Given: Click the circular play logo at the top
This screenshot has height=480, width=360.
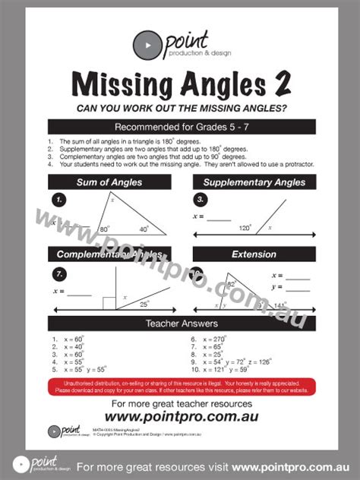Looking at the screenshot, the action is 145,46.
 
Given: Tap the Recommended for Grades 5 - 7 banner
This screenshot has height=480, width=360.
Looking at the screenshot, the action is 181,127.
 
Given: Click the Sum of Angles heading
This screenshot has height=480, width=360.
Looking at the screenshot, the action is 109,182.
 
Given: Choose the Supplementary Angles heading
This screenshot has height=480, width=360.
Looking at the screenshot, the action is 254,182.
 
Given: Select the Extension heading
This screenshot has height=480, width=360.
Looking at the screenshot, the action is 254,254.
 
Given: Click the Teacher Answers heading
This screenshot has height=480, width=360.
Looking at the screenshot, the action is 181,324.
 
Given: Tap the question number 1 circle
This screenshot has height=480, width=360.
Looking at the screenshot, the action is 60,200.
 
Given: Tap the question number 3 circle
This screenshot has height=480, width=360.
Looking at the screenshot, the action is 201,200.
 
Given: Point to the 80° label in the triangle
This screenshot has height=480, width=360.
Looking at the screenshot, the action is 104,228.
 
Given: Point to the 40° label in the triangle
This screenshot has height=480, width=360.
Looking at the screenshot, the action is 144,229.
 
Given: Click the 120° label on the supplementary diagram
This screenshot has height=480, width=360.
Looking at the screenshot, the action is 245,227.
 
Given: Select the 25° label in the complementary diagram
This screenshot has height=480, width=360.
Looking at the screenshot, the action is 144,304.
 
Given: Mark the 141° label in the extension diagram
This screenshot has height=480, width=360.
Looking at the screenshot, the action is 279,305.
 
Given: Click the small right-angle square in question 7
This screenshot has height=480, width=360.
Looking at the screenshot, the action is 108,305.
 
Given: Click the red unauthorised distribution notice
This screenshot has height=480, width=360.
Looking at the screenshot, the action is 181,386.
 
